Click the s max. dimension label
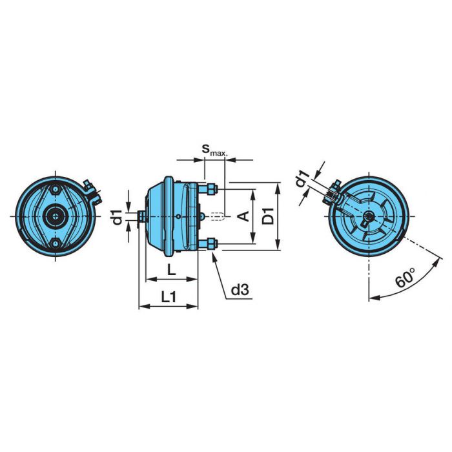(x=214, y=150)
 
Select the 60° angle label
(x=405, y=278)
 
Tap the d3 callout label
(x=240, y=290)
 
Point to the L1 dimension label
(x=169, y=297)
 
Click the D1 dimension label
(x=269, y=216)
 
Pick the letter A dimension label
(x=245, y=216)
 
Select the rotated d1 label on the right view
(x=303, y=178)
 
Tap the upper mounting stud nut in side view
(x=212, y=189)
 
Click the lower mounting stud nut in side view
(x=212, y=243)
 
